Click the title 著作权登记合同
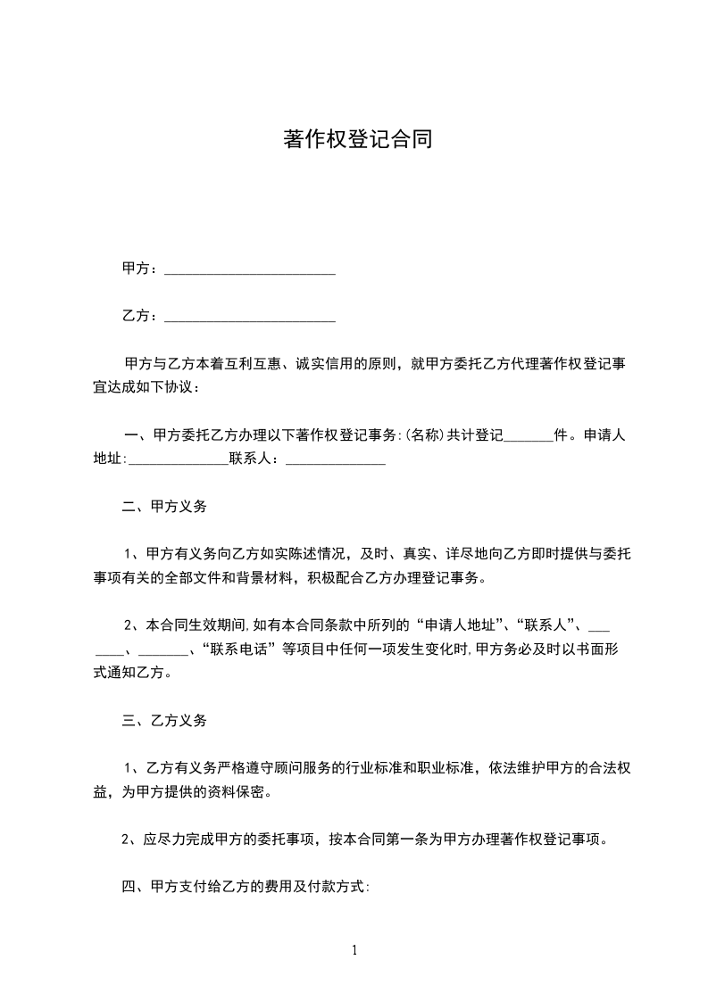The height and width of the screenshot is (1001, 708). [x=357, y=140]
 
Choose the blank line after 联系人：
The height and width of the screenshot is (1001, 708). [x=335, y=461]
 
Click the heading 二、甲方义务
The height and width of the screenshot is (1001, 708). [x=164, y=507]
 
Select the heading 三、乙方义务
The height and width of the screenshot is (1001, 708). [x=164, y=720]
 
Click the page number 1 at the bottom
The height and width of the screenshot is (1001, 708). [x=354, y=950]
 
